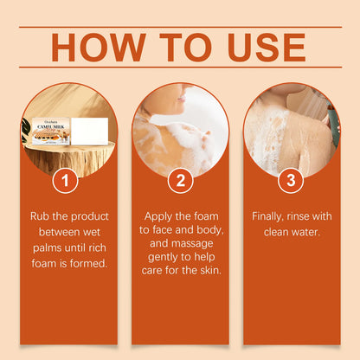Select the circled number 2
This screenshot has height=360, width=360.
pyautogui.click(x=180, y=181)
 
